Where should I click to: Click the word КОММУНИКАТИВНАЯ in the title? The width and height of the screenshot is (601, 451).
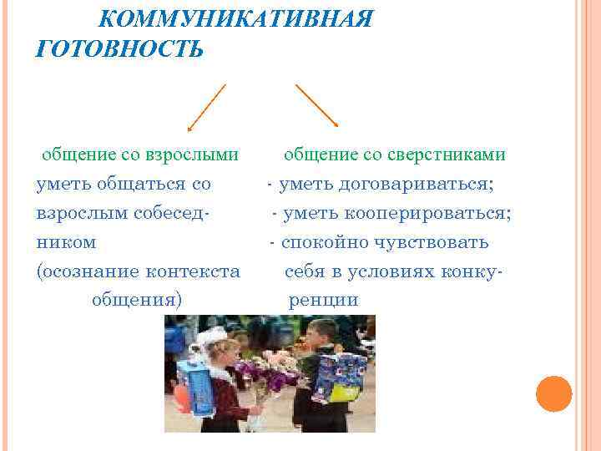[242, 18]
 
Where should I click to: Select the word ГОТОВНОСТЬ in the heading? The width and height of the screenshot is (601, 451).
[119, 48]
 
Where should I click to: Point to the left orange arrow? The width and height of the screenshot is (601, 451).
[206, 107]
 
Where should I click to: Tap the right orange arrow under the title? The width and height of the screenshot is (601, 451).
[316, 105]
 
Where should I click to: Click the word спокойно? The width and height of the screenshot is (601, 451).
[321, 242]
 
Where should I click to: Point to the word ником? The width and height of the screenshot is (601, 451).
[66, 242]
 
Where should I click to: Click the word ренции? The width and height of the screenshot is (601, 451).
[323, 300]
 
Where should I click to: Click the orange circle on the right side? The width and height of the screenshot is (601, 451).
[553, 393]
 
